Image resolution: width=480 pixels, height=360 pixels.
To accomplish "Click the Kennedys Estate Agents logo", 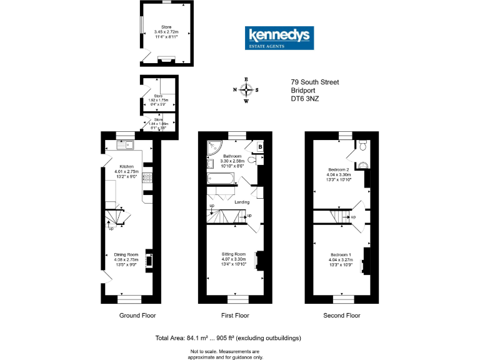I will click(279, 38).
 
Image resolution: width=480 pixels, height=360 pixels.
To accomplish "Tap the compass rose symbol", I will click(246, 89).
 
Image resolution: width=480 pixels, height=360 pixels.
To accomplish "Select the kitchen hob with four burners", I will click(148, 180).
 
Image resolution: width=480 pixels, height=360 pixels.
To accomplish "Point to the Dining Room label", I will click(126, 254).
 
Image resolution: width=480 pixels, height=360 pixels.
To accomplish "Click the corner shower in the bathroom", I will click(212, 147).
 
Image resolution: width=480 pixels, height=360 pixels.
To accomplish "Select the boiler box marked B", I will click(259, 147).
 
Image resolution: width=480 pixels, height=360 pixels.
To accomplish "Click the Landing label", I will click(242, 202).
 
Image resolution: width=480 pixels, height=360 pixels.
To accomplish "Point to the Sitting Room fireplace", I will click(259, 261).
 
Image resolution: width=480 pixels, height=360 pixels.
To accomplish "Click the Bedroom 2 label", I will click(339, 169).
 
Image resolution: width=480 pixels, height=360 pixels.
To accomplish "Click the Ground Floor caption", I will click(137, 316).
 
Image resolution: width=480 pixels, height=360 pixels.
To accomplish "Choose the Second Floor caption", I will click(341, 316).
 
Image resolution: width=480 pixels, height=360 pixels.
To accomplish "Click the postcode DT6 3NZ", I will click(306, 98).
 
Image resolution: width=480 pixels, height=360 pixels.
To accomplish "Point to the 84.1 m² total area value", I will click(199, 338).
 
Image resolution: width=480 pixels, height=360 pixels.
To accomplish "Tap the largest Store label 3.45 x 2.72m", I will click(166, 31).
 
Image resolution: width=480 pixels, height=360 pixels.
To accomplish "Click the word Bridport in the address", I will click(303, 90).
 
